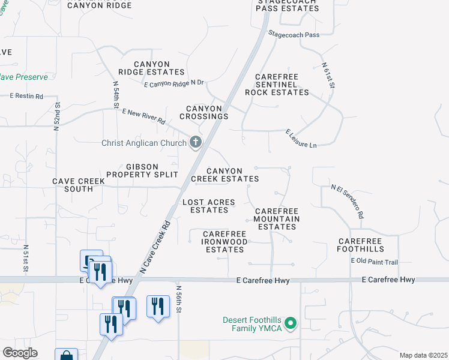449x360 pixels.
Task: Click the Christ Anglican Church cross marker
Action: [x=195, y=142]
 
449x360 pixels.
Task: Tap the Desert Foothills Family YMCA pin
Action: [x=291, y=324]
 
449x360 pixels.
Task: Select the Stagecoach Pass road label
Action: [x=295, y=34]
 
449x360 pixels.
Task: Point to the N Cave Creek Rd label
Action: [x=155, y=247]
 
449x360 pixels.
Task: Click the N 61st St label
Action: [x=328, y=76]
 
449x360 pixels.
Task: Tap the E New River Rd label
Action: [x=143, y=116]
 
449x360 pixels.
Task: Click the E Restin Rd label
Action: [x=27, y=96]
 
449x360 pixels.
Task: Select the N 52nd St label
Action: [x=56, y=116]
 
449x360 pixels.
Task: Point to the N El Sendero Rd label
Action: [x=348, y=201]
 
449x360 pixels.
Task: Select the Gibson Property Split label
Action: [x=142, y=170]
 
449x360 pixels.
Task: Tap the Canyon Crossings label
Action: [x=204, y=112]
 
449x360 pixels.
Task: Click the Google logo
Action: [x=20, y=353]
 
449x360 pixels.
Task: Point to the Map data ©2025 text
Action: [x=423, y=355]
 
